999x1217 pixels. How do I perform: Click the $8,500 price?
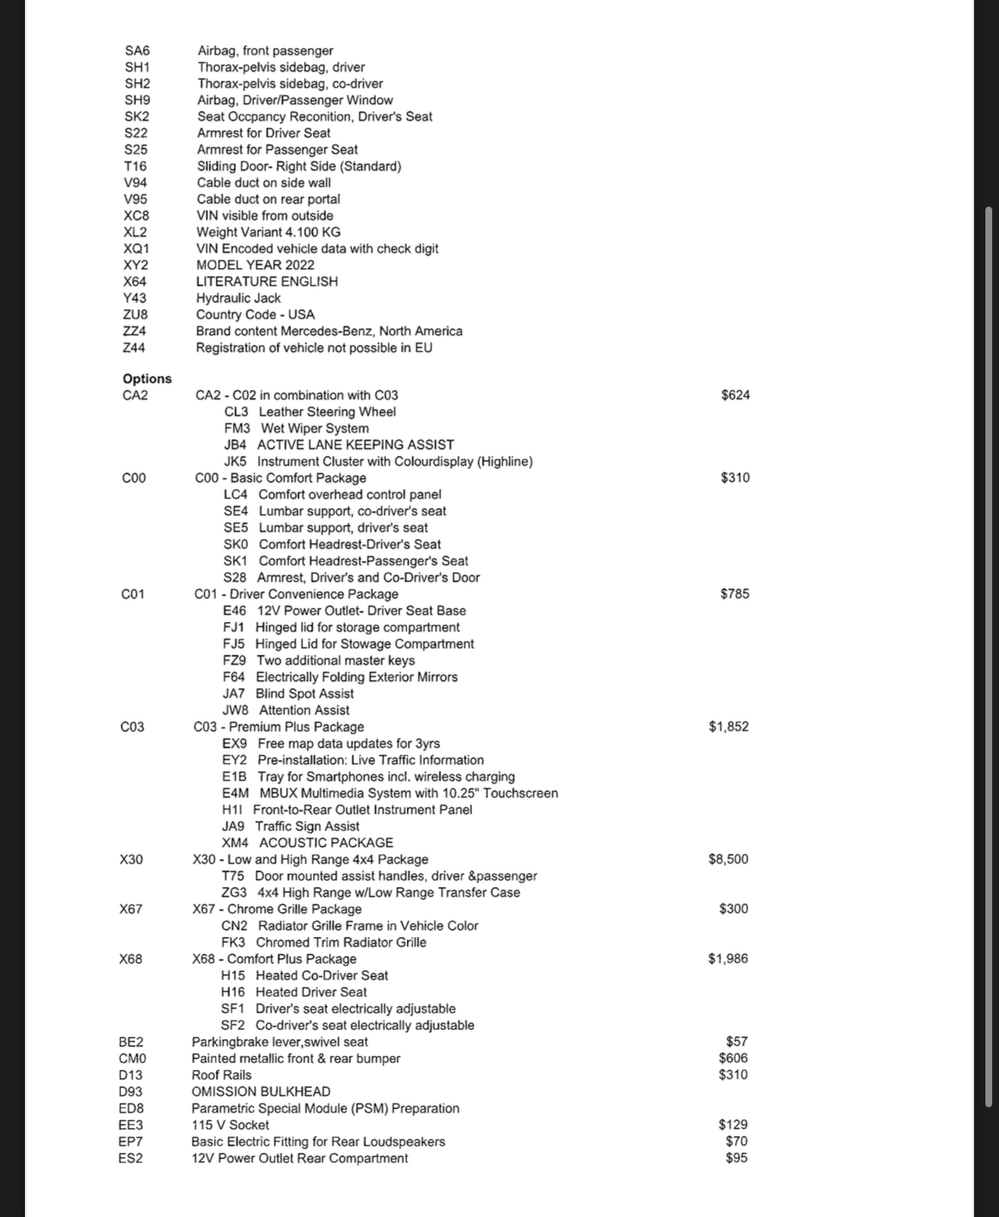pyautogui.click(x=728, y=859)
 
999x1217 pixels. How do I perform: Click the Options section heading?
pyautogui.click(x=147, y=378)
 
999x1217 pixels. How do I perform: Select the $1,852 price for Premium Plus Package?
pyautogui.click(x=728, y=727)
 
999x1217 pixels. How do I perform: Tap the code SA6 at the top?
pyautogui.click(x=137, y=51)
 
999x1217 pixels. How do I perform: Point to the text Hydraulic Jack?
pyautogui.click(x=238, y=298)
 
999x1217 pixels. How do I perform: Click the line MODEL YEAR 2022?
pyautogui.click(x=255, y=265)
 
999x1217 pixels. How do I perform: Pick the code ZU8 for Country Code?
pyautogui.click(x=135, y=315)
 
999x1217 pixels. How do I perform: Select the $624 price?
pyautogui.click(x=735, y=395)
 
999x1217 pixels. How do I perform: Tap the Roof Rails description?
pyautogui.click(x=221, y=1075)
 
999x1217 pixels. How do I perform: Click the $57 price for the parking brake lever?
pyautogui.click(x=736, y=1041)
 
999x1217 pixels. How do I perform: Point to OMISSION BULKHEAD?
pyautogui.click(x=260, y=1091)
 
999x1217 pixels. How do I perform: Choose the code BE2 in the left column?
pyautogui.click(x=131, y=1042)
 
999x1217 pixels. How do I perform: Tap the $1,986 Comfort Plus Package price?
pyautogui.click(x=728, y=959)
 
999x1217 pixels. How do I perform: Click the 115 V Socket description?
pyautogui.click(x=230, y=1125)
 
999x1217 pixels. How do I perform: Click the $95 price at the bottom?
pyautogui.click(x=736, y=1158)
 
